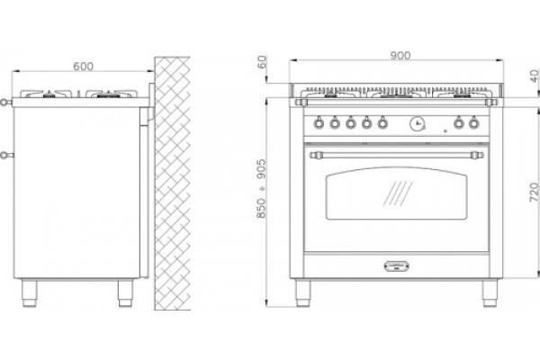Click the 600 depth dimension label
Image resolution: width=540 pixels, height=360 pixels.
pos(83,66)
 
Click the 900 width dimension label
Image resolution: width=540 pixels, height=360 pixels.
pos(400,55)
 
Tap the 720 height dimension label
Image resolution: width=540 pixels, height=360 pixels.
pos(534,193)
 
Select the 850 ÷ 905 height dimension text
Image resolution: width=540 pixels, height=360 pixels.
pos(262,188)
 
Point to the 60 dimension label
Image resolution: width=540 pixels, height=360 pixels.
pos(262,62)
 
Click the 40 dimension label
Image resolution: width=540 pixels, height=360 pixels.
pos(535,76)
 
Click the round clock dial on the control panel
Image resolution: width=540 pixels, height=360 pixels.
pos(417,123)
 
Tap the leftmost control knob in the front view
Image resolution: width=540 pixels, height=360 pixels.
pos(319,122)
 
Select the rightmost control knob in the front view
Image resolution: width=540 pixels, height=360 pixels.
pos(474,122)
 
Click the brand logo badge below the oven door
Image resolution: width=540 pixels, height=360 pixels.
pos(396,265)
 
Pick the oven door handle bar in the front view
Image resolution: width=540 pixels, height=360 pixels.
pos(396,155)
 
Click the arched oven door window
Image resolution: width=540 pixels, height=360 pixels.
pos(396,193)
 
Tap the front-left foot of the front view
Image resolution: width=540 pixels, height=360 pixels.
pos(303,292)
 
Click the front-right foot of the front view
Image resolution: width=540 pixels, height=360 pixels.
pos(490,292)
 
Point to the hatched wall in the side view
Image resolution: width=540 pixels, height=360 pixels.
pos(172,184)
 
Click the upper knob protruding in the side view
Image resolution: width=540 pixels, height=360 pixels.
pos(4,102)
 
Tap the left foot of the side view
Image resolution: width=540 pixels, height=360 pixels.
pos(30,292)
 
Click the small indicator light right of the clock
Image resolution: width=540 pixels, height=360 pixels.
pos(445,130)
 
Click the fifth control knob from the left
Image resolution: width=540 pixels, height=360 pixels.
pos(382,122)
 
